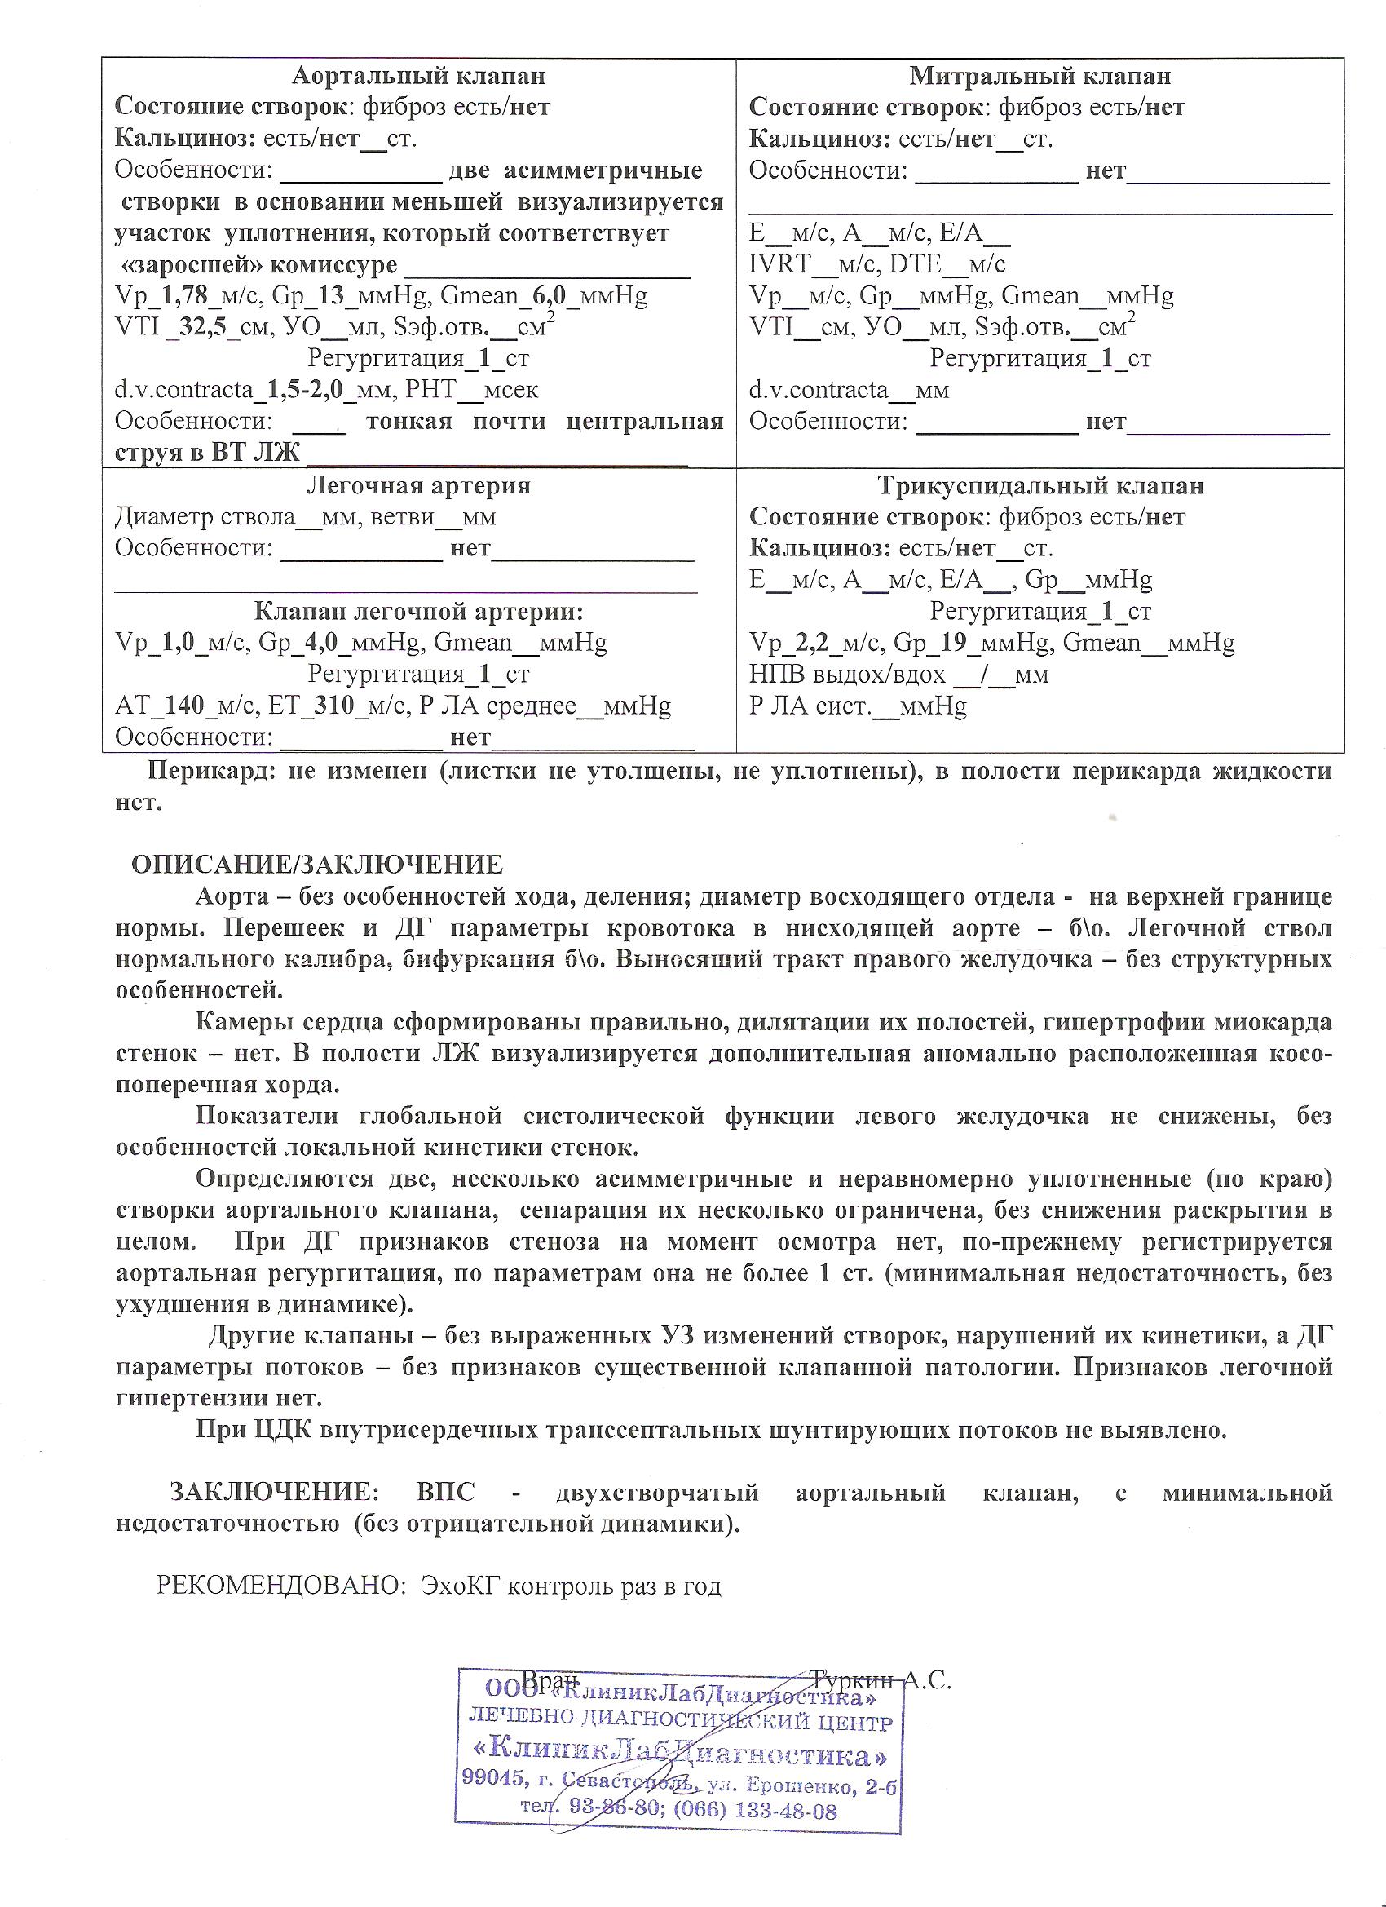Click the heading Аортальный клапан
417,77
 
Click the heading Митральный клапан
1039,77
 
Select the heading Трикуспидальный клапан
1040,486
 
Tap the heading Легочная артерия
417,486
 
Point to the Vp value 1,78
184,296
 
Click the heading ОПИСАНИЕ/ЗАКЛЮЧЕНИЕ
317,865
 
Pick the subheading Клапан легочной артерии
417,611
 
